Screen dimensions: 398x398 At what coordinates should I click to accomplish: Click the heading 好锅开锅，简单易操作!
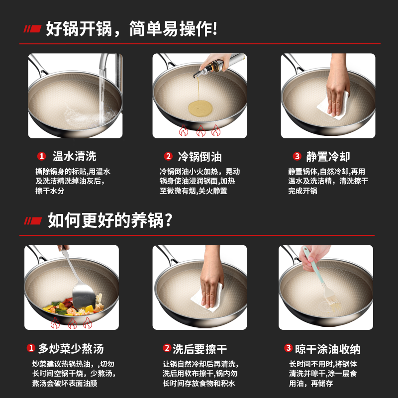tap(131, 28)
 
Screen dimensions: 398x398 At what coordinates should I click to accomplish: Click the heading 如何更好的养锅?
tap(110, 219)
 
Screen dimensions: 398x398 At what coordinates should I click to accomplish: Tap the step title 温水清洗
tap(75, 157)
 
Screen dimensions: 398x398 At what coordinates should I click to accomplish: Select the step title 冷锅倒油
tap(199, 157)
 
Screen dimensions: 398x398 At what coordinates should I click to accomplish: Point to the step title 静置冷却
tap(328, 157)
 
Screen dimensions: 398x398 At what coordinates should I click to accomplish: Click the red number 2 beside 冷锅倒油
tap(168, 157)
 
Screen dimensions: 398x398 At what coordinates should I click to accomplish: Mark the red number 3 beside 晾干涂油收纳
tap(288, 348)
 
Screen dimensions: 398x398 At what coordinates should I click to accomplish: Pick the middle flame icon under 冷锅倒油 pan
tap(200, 131)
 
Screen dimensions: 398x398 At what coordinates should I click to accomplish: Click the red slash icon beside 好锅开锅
tap(33, 29)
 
